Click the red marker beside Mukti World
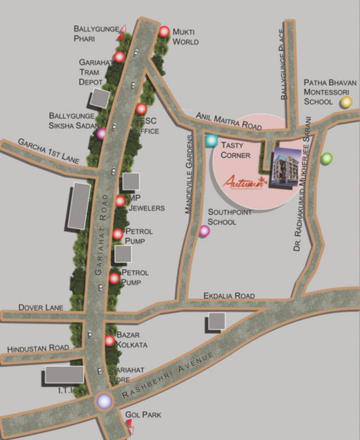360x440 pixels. (165, 32)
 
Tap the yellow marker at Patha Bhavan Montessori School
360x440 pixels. (346, 103)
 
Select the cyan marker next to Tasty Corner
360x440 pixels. (211, 140)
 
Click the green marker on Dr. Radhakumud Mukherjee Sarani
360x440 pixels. (326, 158)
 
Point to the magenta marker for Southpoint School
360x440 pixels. (204, 231)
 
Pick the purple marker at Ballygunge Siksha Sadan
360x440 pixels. (101, 133)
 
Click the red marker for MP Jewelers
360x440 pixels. (120, 201)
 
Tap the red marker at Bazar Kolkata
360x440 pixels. (110, 341)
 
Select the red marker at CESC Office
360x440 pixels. (141, 109)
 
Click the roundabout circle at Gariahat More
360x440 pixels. (104, 401)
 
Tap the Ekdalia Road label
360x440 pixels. (229, 296)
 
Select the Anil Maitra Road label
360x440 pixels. (228, 120)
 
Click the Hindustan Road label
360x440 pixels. (38, 348)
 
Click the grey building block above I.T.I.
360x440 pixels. (64, 375)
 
